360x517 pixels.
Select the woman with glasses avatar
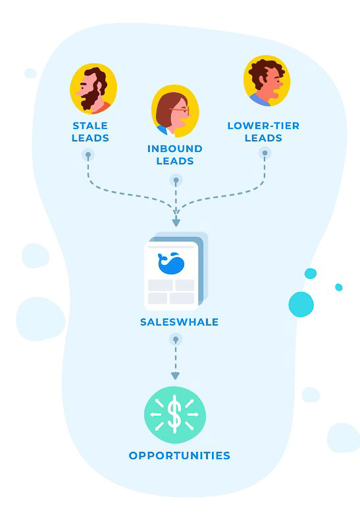click(174, 111)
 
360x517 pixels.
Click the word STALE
click(90, 125)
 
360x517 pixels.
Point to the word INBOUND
click(174, 149)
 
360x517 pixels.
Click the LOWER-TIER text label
click(263, 125)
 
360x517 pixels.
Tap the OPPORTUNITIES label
click(180, 455)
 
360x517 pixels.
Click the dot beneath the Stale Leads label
click(88, 155)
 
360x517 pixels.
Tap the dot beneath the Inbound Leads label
click(176, 180)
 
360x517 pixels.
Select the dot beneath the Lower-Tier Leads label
click(265, 153)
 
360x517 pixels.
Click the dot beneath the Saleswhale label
click(175, 339)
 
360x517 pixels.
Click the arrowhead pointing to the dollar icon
click(175, 376)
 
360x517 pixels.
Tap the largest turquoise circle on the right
click(301, 304)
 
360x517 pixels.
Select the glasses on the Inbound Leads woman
click(184, 110)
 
